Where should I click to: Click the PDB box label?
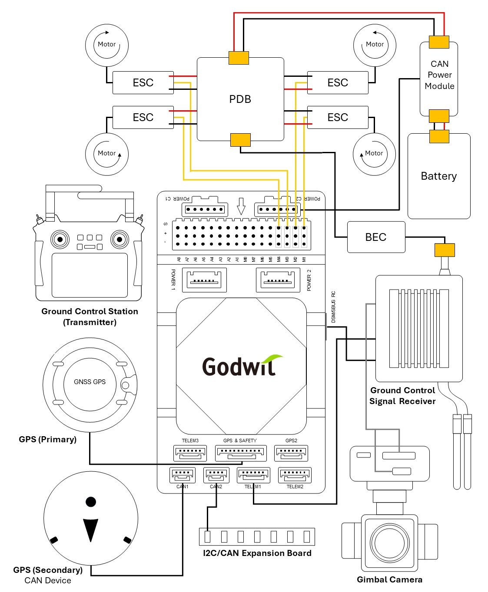coord(240,99)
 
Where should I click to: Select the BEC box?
coord(376,237)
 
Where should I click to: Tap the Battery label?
coord(438,176)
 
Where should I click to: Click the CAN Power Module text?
coord(439,75)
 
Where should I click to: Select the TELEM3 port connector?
coord(190,454)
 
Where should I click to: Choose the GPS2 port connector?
coord(291,454)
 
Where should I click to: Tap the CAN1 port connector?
coord(182,475)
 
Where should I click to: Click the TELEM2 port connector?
coord(295,475)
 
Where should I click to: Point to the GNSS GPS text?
coord(90,382)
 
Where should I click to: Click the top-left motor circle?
coord(107,45)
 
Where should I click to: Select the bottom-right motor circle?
coord(374,154)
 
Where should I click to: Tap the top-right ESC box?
coord(338,82)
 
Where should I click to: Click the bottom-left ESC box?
coord(143,117)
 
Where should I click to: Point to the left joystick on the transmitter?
coord(60,239)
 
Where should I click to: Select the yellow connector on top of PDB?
coord(239,58)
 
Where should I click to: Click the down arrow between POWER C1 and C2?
coord(241,206)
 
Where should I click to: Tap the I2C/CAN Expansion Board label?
coord(257,553)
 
